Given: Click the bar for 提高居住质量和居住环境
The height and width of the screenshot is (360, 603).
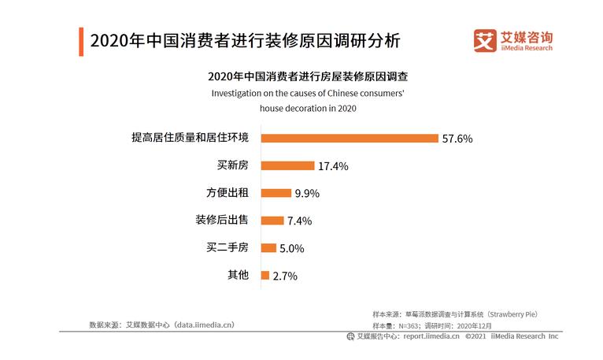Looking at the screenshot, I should tap(349, 138).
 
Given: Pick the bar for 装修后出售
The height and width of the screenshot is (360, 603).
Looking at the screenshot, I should tap(272, 221).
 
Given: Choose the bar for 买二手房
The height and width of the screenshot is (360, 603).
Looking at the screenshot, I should tap(268, 248).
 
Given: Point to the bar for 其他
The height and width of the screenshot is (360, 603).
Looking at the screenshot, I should tap(265, 276).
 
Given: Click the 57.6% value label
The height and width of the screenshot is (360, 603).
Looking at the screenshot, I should tap(457, 139).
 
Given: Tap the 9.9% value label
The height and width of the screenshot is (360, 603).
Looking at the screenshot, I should tap(307, 194).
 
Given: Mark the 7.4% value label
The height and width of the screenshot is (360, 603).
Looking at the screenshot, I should tap(299, 221).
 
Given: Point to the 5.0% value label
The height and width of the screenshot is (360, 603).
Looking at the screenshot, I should tap(291, 249).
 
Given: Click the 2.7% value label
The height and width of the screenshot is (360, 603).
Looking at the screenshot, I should tap(285, 276).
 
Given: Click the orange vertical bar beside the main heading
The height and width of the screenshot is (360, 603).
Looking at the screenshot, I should tap(81, 41).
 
